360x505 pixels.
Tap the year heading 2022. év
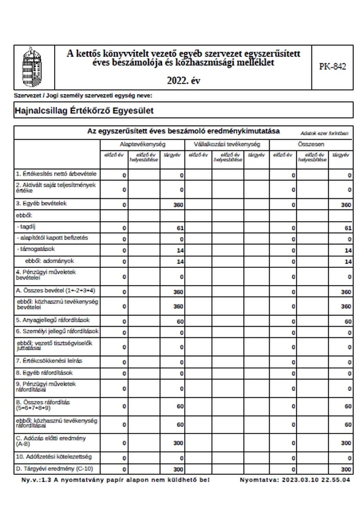click(183, 80)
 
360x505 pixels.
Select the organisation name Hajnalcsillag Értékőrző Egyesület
click(85, 110)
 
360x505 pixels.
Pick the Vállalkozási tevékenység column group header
click(226, 145)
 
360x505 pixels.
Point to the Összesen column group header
click(311, 145)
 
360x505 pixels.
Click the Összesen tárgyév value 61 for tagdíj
click(348, 227)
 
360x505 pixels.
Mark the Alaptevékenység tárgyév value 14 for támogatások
click(179, 250)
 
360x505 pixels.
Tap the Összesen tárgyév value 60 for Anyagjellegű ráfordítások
click(348, 322)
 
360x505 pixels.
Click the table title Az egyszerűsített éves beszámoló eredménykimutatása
click(184, 131)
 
